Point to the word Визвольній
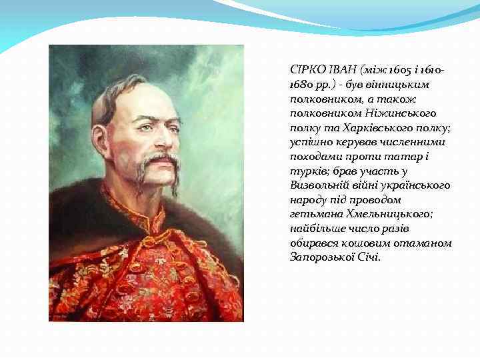317,185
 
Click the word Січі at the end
369,257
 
